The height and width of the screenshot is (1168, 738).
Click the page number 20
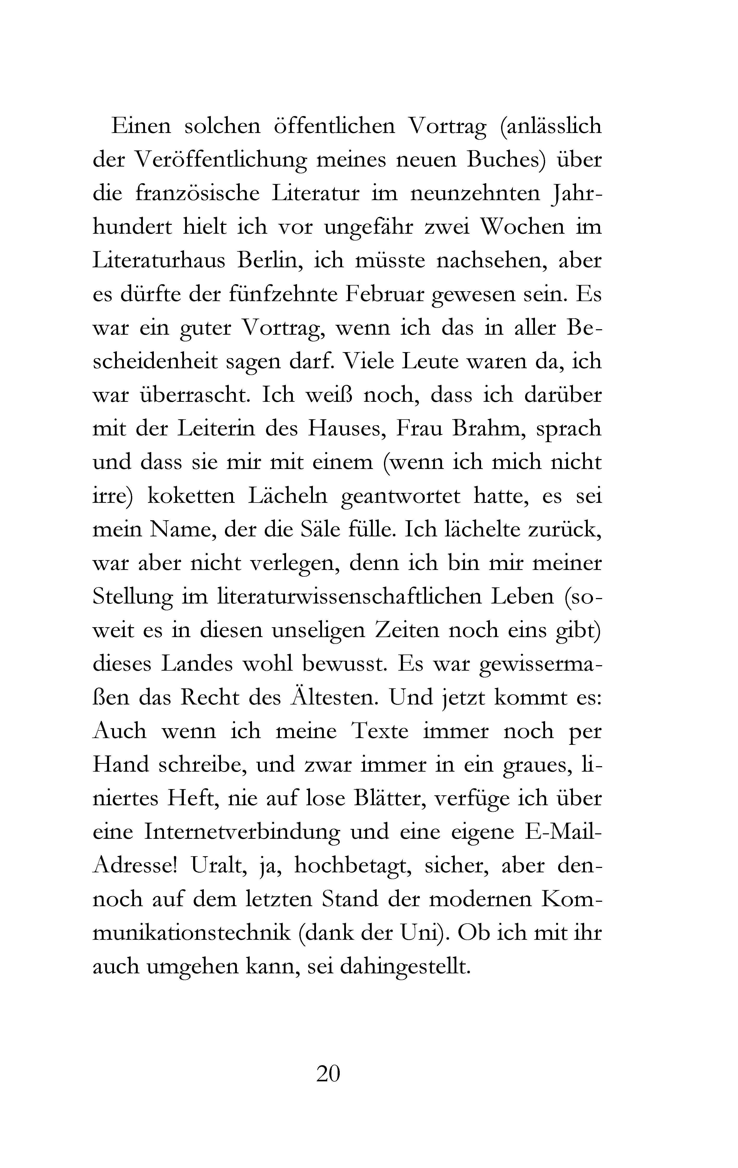click(x=328, y=1074)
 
